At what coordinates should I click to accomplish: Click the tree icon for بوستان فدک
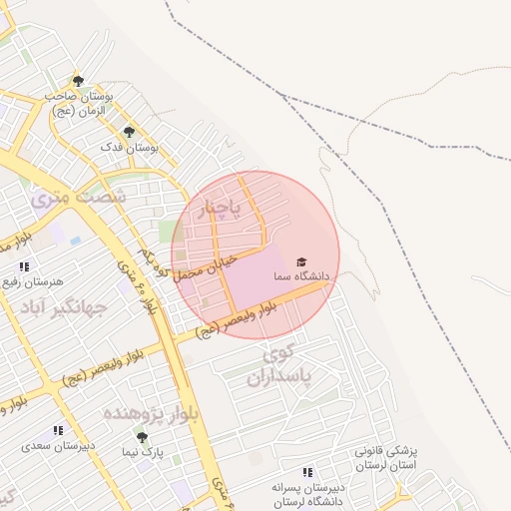click(x=128, y=132)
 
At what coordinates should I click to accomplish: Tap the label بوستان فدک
click(x=130, y=147)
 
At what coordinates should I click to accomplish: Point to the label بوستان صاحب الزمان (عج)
click(x=78, y=103)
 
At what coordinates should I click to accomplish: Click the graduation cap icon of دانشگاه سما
click(x=301, y=261)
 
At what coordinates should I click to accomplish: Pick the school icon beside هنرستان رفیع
click(x=24, y=266)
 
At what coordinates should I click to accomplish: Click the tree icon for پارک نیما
click(x=142, y=437)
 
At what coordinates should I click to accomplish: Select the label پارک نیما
click(x=142, y=452)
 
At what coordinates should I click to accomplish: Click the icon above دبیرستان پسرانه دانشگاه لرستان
click(x=307, y=472)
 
